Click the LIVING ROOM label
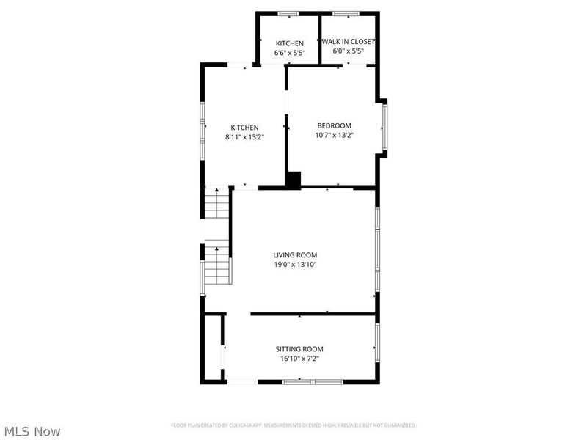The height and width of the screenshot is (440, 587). (295, 254)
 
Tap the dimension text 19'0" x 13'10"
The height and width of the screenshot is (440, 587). (295, 265)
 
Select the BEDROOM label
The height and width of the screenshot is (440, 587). (334, 125)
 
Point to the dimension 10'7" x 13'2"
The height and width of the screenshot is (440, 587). (334, 135)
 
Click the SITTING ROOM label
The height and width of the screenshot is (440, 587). (299, 349)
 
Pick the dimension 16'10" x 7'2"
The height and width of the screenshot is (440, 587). (299, 359)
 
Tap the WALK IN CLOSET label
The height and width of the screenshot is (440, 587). (349, 42)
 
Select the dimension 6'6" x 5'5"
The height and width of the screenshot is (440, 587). (289, 54)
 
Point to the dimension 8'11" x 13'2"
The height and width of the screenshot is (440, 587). (244, 136)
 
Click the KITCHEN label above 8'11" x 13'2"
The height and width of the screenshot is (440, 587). (244, 127)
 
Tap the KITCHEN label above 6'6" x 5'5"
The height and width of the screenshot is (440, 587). (289, 43)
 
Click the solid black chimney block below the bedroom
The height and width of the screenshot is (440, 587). (293, 180)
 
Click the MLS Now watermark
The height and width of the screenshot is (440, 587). (33, 431)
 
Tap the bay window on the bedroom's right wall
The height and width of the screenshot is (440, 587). (385, 127)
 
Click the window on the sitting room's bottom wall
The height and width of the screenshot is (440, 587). (313, 381)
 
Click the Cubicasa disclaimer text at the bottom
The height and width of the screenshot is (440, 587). (293, 425)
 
